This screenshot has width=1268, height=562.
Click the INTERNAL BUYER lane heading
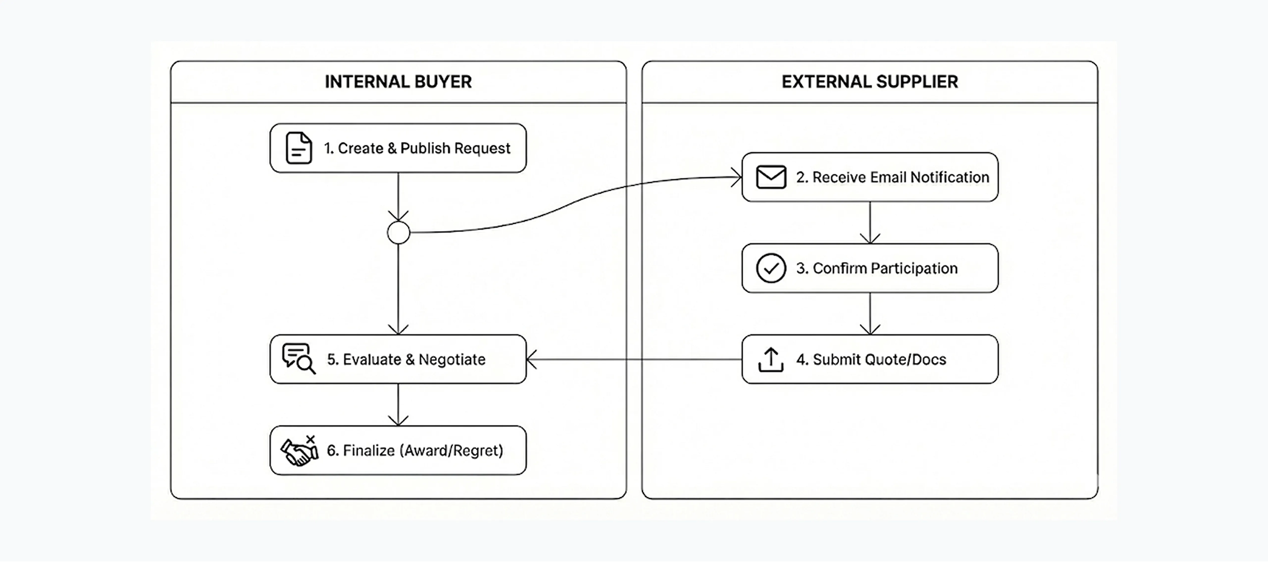[398, 82]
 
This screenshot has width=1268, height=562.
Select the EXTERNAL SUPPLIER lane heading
[869, 82]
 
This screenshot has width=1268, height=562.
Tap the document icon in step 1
[298, 148]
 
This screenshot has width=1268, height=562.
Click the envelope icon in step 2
[771, 177]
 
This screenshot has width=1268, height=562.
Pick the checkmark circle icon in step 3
[771, 268]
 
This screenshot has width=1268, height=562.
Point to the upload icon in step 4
[771, 360]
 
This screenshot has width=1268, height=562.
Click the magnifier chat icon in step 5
[298, 359]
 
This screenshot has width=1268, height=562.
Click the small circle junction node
[398, 233]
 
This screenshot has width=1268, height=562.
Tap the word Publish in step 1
[425, 148]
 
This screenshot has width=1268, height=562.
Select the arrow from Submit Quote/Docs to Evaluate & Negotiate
[633, 360]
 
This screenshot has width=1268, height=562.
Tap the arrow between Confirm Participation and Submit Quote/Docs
[870, 313]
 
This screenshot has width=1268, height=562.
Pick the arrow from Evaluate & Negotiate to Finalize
[398, 405]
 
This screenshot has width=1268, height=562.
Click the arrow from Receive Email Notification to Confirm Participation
[870, 222]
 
